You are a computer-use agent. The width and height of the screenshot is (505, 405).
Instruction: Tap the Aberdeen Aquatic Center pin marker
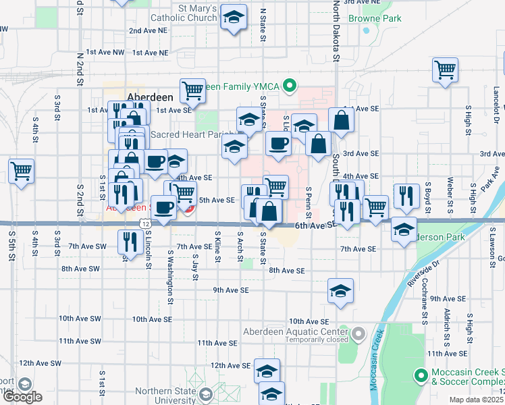(357, 333)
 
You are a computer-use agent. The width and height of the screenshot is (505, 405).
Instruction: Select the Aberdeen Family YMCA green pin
(290, 86)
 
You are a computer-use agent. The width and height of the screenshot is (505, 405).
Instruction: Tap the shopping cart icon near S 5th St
(21, 170)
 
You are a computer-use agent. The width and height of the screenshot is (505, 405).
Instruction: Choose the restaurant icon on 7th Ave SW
(130, 241)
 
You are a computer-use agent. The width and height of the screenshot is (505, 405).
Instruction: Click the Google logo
(22, 397)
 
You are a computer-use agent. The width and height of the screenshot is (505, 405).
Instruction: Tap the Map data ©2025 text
(476, 400)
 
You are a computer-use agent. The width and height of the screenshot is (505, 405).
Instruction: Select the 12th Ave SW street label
(41, 363)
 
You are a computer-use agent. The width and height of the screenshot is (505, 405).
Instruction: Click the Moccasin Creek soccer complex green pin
(421, 374)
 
